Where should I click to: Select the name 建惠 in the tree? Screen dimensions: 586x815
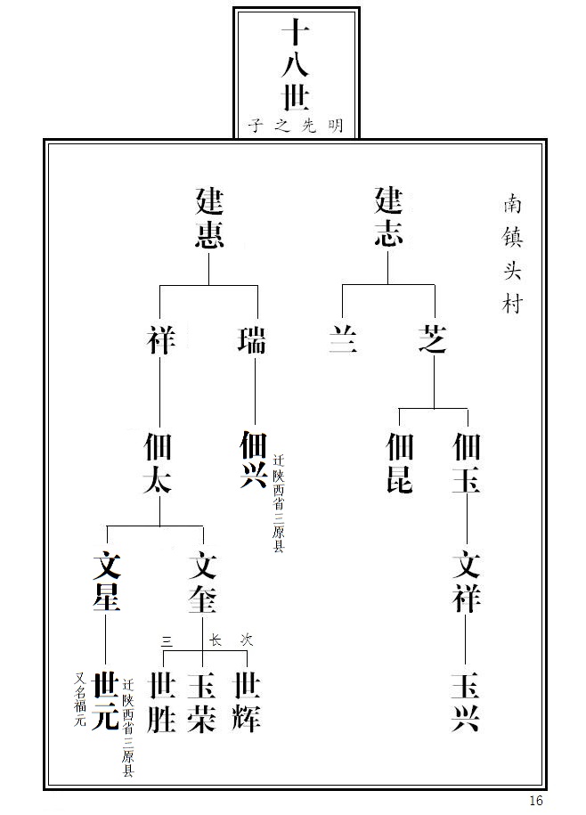tap(209, 218)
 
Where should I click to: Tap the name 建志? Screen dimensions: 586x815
tap(388, 216)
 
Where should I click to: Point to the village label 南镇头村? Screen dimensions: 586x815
tap(512, 254)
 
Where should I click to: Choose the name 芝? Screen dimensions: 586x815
tap(432, 338)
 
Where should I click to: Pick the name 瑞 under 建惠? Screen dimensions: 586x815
tap(252, 340)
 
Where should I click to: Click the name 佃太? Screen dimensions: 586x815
tap(158, 462)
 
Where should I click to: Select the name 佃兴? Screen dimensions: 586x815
tap(254, 459)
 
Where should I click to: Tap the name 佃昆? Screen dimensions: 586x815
tap(400, 462)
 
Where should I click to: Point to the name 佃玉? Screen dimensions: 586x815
tap(466, 462)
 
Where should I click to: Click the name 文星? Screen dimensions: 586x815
tap(107, 581)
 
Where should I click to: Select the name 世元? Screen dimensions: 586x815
tap(105, 701)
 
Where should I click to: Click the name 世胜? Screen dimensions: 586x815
tap(162, 702)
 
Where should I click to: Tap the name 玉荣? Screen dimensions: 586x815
tap(201, 702)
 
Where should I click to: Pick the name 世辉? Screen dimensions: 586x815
tap(246, 702)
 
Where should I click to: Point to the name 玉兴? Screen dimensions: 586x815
tap(465, 702)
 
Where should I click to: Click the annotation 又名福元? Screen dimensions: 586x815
tap(80, 699)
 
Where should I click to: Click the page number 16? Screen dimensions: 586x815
tap(535, 801)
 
